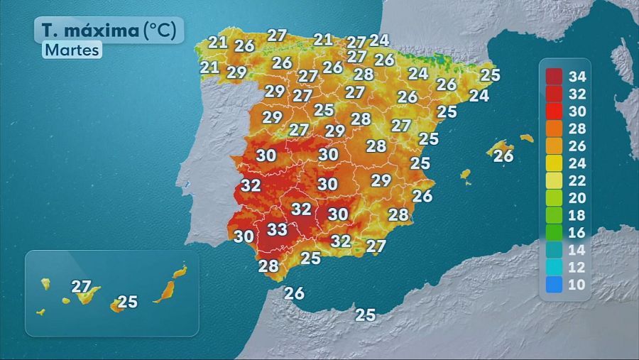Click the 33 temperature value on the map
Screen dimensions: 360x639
(x=277, y=230)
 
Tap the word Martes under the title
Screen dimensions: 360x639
(x=72, y=50)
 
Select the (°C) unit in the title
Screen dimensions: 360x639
(x=163, y=31)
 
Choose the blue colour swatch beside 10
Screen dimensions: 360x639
(x=555, y=285)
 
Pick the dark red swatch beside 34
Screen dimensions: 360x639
(x=555, y=76)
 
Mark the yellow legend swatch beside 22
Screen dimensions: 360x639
(x=555, y=180)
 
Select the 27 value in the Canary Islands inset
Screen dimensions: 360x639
(x=82, y=287)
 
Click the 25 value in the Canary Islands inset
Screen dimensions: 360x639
(x=127, y=302)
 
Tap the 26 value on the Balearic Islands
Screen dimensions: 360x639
(x=503, y=156)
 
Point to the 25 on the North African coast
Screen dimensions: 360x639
(x=366, y=315)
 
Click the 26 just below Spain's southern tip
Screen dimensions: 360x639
(x=294, y=293)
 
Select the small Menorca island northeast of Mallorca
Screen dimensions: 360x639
(x=526, y=138)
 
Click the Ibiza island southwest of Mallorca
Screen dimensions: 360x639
(x=466, y=174)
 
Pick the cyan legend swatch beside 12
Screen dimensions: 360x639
(x=555, y=268)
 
